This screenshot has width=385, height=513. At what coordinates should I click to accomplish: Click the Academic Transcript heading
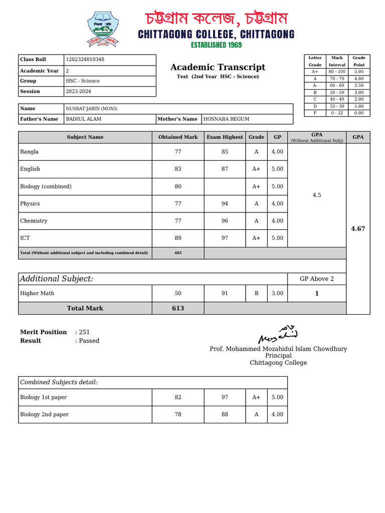[x=218, y=67]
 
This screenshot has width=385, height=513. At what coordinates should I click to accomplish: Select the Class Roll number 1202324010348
[x=85, y=60]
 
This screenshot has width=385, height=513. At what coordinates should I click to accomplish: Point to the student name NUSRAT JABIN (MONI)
[x=92, y=109]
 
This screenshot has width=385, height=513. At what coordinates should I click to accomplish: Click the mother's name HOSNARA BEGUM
[x=226, y=119]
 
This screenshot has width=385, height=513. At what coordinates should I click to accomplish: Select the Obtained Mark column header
[x=178, y=137]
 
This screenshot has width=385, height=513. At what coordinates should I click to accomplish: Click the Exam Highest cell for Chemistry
[x=225, y=221]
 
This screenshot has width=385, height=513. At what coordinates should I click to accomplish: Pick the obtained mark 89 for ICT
[x=178, y=238]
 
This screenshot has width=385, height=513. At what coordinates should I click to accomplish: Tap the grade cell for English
[x=256, y=169]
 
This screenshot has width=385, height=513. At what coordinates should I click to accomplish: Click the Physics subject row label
[x=30, y=204]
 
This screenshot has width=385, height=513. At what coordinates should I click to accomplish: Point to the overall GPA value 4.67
[x=358, y=228]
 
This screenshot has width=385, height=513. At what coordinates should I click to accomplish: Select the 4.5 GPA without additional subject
[x=316, y=195]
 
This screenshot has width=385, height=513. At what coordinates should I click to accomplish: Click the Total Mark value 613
[x=178, y=308]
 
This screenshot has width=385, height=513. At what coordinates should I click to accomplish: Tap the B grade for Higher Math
[x=256, y=293]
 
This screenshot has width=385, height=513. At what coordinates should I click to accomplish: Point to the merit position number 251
[x=84, y=332]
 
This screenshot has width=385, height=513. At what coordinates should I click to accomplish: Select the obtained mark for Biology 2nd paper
[x=178, y=414]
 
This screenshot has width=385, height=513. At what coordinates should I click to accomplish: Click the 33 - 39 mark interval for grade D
[x=337, y=106]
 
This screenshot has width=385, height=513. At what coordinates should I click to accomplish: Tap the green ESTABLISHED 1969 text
[x=216, y=45]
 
